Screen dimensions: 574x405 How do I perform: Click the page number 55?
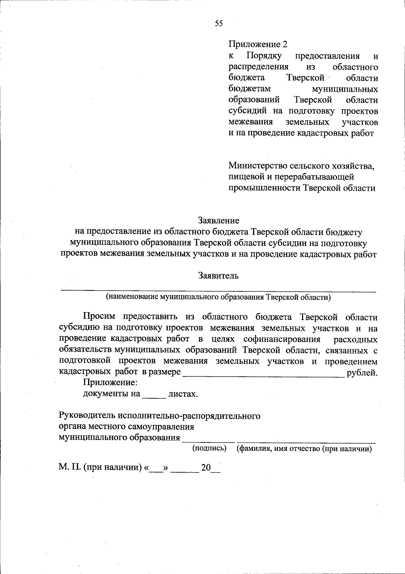(219, 23)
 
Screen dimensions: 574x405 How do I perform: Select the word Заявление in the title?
(218, 221)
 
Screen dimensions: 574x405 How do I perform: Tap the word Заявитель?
(218, 276)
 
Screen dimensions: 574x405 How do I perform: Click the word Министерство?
(256, 166)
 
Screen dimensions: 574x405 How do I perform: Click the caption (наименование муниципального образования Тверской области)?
(218, 297)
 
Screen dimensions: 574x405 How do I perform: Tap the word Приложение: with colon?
(110, 383)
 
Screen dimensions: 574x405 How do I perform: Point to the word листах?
(183, 394)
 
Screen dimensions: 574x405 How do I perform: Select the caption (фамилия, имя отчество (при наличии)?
(304, 449)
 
